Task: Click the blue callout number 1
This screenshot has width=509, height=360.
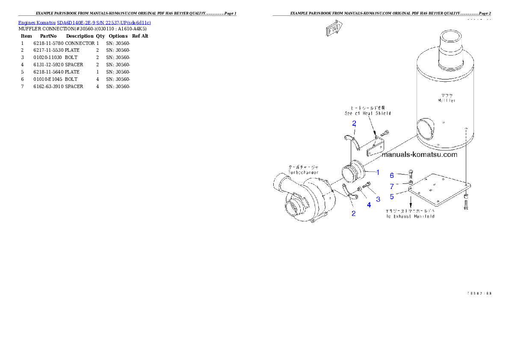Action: [378, 172]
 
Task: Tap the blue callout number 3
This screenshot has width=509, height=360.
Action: [378, 199]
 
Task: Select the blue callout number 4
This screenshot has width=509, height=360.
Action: [369, 205]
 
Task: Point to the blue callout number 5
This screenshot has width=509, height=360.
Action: [392, 197]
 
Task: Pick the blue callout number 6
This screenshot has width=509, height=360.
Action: [392, 175]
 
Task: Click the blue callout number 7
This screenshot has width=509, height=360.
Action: [392, 186]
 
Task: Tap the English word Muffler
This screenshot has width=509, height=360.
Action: [447, 100]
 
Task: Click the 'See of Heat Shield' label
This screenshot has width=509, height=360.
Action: [368, 113]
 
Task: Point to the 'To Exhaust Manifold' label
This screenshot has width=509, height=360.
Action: [411, 216]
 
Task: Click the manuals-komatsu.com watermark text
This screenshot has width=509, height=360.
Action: [419, 155]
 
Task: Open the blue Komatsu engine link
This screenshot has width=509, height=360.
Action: [84, 23]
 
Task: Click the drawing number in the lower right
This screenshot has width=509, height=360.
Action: [479, 294]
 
